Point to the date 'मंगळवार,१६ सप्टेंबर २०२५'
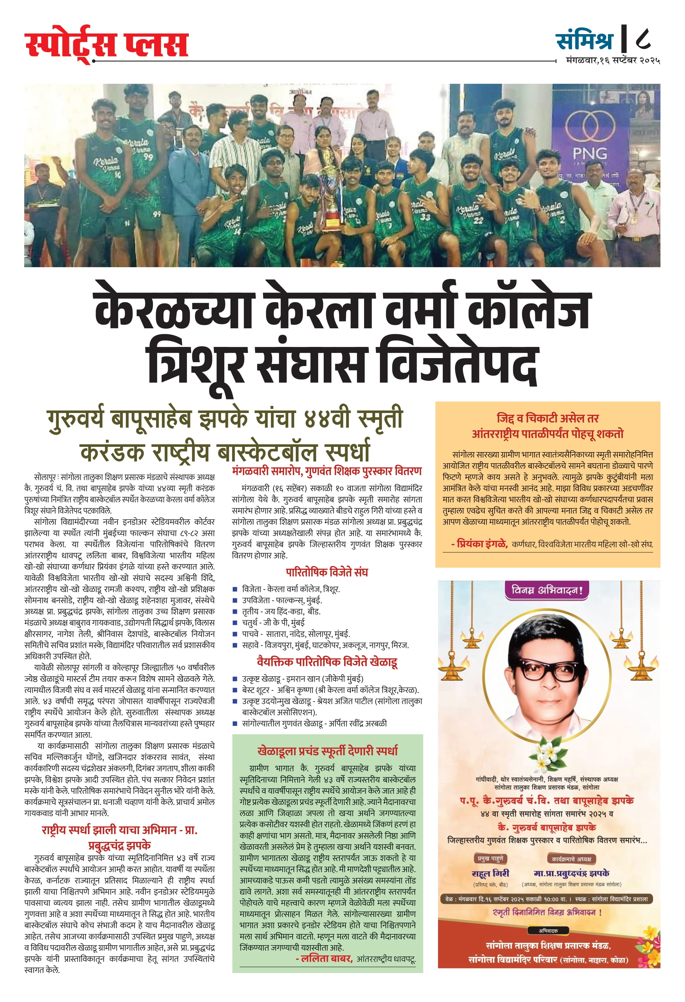pos(613,61)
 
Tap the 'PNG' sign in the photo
pos(590,153)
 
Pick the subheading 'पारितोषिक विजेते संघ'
pos(327,572)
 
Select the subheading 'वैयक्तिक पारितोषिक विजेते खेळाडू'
pos(327,661)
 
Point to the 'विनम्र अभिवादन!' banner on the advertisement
pos(547,590)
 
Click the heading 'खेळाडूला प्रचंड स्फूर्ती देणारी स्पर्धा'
pos(327,751)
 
